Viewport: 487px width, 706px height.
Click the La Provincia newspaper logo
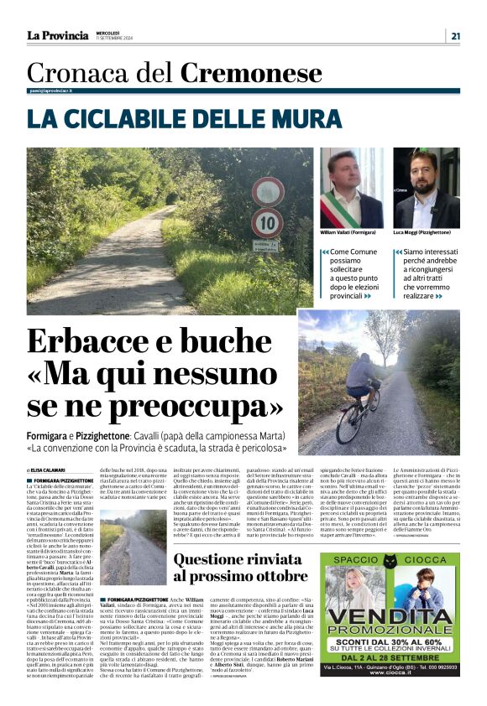point(57,35)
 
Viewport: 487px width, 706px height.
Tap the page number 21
point(454,35)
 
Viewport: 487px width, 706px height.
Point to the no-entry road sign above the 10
point(267,192)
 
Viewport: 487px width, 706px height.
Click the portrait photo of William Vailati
point(351,188)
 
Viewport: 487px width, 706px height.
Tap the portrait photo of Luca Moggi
point(426,188)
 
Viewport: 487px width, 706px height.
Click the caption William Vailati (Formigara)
point(351,232)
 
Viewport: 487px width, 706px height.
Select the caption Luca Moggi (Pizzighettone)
point(426,232)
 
